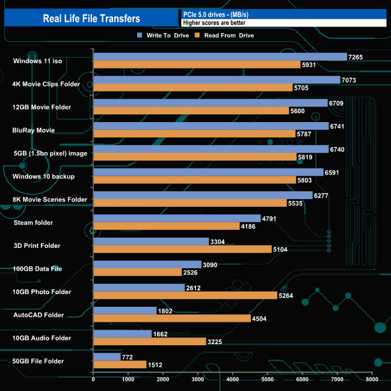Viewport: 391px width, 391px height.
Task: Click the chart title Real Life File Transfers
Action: tap(91, 18)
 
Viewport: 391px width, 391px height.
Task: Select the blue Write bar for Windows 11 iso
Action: tap(220, 57)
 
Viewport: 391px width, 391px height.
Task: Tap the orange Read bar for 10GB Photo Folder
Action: tap(185, 295)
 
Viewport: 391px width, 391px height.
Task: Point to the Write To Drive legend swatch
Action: tap(140, 35)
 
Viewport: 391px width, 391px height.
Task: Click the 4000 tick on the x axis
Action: tap(233, 380)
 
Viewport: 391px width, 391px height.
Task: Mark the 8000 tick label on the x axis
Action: tap(372, 380)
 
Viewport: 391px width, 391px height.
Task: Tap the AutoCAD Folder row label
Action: tap(38, 315)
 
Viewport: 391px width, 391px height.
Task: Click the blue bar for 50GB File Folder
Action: tap(107, 357)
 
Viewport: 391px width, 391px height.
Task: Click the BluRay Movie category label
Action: tap(34, 130)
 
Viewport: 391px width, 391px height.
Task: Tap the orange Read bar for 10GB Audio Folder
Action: tap(150, 341)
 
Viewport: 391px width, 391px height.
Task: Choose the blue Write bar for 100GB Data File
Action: tap(147, 264)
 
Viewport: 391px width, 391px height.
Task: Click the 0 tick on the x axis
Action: tap(93, 380)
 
